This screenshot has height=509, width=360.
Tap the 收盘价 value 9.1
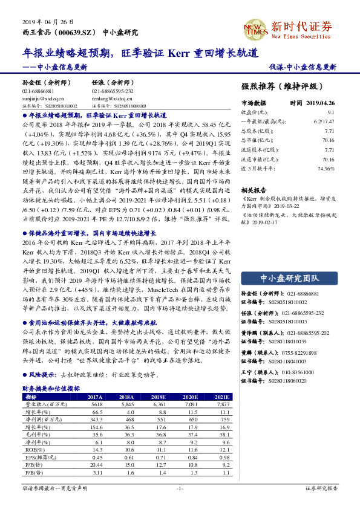[x=330, y=112]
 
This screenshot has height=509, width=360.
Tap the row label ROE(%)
[x=33, y=450]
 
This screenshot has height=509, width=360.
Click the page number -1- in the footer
[x=180, y=488]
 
